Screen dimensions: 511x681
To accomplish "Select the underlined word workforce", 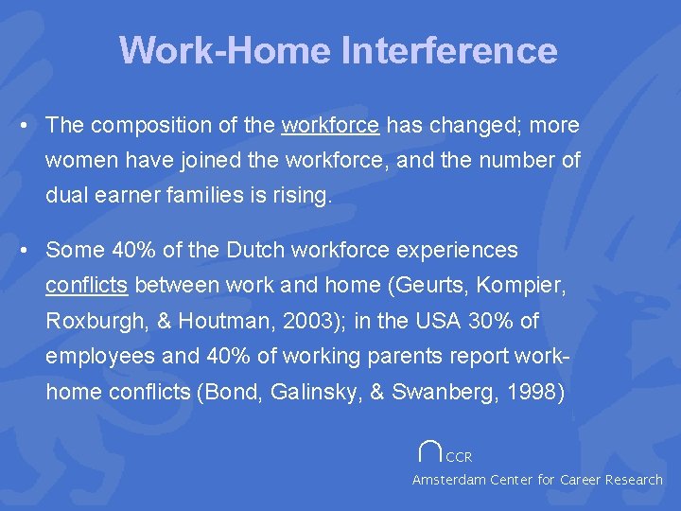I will click(x=331, y=125).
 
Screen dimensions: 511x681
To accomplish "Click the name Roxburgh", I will click(x=92, y=322).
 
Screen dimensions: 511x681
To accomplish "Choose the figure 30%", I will click(x=488, y=322).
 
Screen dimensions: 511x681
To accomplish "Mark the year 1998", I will click(x=538, y=392).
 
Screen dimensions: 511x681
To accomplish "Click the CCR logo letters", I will click(x=459, y=457).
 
